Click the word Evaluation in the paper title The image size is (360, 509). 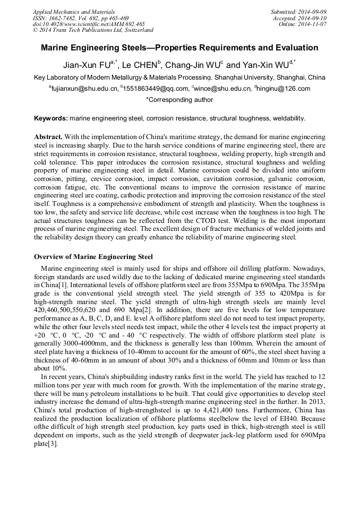click(294, 48)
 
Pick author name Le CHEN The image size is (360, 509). click(140, 66)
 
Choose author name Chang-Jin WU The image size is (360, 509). click(193, 66)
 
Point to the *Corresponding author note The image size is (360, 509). click(179, 99)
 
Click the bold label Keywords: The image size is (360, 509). click(51, 118)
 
